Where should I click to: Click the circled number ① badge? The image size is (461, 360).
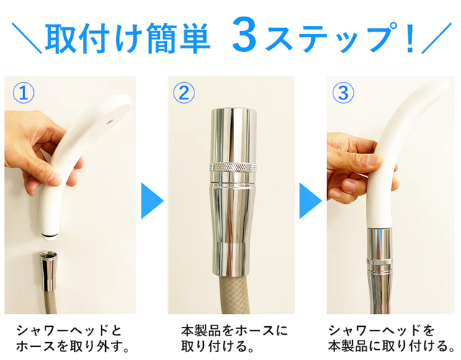point(24,93)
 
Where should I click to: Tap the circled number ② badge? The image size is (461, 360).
point(184,93)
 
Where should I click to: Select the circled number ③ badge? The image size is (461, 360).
point(343,93)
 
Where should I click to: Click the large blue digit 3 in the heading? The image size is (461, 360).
point(243,35)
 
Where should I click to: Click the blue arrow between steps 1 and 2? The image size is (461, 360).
point(152,201)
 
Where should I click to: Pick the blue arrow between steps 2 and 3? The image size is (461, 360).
point(310,201)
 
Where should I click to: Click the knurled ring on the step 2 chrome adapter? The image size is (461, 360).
point(233,167)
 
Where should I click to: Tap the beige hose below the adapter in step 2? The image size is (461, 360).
point(233,294)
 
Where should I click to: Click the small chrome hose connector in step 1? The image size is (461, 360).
point(48,271)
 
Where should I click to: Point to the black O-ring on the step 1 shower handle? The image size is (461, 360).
point(50,235)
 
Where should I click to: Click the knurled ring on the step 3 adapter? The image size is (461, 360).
point(380,262)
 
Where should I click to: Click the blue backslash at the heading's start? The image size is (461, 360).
point(27,38)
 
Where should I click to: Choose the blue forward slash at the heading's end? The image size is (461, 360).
point(437,38)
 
